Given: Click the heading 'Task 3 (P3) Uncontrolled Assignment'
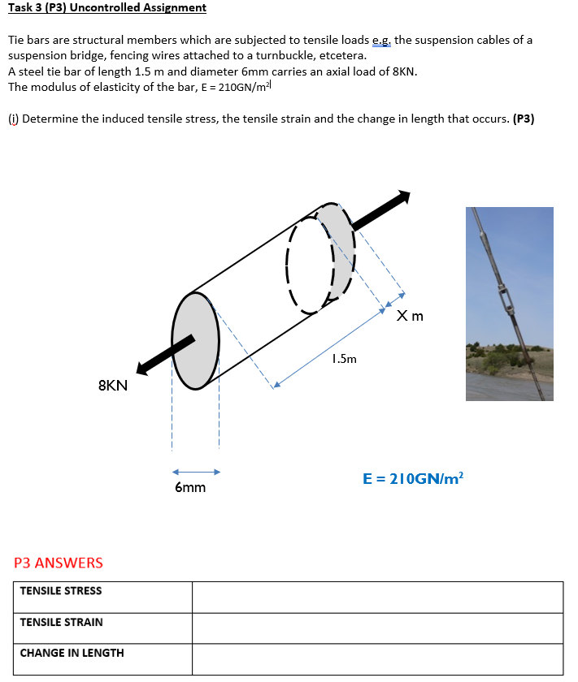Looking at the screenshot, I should point(107,8).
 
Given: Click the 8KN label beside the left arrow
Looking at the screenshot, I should point(113,386).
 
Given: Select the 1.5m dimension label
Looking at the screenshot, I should point(344,358).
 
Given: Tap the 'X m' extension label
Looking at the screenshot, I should point(411,316).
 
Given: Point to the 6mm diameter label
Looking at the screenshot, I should point(190,488).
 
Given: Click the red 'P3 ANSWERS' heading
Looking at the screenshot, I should point(59,563).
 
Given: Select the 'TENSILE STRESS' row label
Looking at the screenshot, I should point(61,591).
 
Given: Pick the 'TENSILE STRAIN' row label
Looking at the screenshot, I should point(62,623).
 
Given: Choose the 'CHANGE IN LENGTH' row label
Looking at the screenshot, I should point(72,654).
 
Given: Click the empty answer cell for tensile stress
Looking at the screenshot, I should point(377,597).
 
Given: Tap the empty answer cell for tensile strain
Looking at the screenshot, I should point(377,628).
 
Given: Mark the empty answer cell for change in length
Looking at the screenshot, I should point(377,658).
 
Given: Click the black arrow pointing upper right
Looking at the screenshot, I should point(382,209).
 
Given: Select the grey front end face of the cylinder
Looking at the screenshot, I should point(195,341).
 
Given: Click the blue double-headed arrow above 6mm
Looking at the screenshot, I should point(196,472).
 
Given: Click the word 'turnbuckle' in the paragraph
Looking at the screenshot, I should point(306,56).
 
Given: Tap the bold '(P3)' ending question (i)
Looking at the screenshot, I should point(524,119).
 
